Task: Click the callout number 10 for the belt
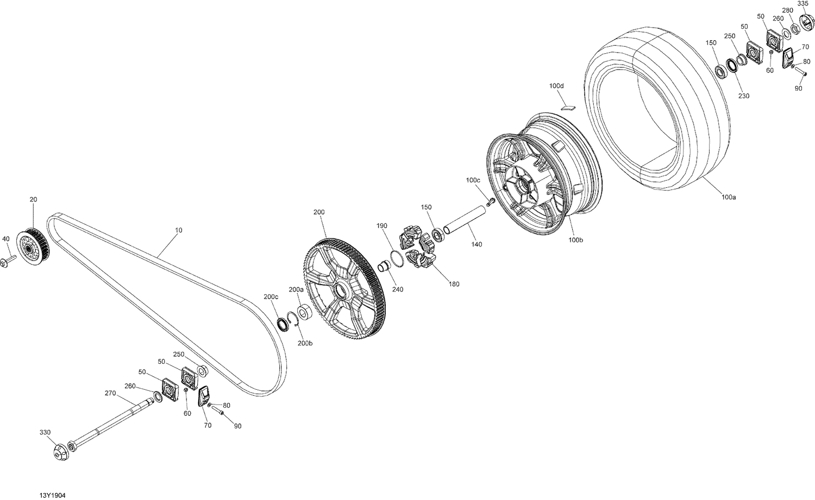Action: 179,230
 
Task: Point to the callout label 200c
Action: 271,296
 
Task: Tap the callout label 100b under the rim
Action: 575,240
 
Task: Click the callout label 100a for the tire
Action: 729,198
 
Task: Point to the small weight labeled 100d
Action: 568,106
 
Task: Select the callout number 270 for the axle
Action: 110,393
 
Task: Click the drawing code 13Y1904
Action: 53,496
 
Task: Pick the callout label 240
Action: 398,289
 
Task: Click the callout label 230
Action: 743,96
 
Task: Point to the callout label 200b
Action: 305,343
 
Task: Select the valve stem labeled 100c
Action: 490,202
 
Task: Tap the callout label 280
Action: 787,10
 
